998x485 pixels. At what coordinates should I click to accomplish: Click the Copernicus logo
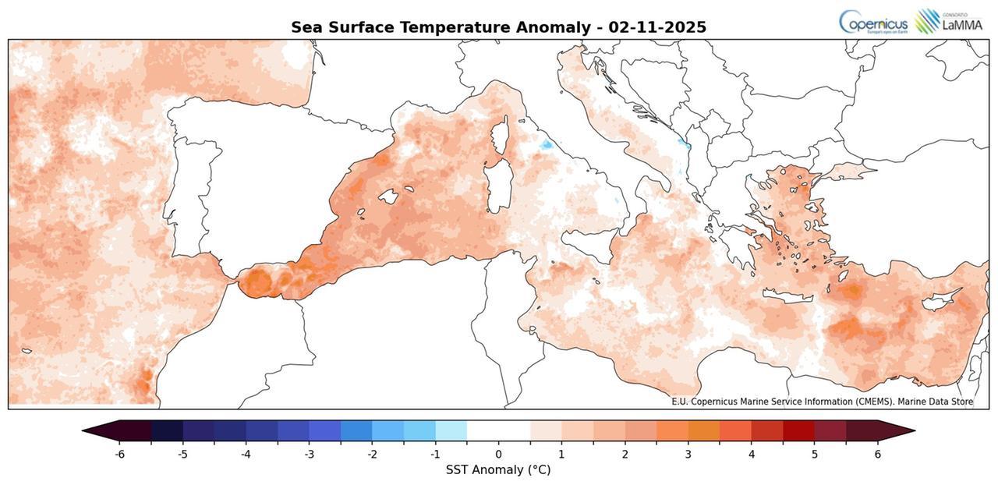point(872,21)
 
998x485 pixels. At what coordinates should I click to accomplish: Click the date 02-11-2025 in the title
point(657,27)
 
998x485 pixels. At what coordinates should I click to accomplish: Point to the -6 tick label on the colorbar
point(119,455)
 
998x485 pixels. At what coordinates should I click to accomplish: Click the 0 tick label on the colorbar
point(498,455)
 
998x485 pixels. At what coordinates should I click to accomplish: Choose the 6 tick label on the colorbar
point(877,455)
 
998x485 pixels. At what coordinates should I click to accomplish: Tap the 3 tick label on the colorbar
point(688,455)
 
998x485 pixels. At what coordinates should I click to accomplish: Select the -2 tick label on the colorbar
point(372,455)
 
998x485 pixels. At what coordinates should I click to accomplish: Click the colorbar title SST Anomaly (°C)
point(498,470)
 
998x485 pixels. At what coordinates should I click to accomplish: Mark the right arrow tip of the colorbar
point(913,431)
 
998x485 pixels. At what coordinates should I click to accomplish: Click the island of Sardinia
point(496,187)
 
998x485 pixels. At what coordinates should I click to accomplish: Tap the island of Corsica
point(500,136)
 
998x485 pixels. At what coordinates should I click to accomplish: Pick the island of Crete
point(787,296)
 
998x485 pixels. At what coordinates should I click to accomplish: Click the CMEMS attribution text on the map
point(822,402)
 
